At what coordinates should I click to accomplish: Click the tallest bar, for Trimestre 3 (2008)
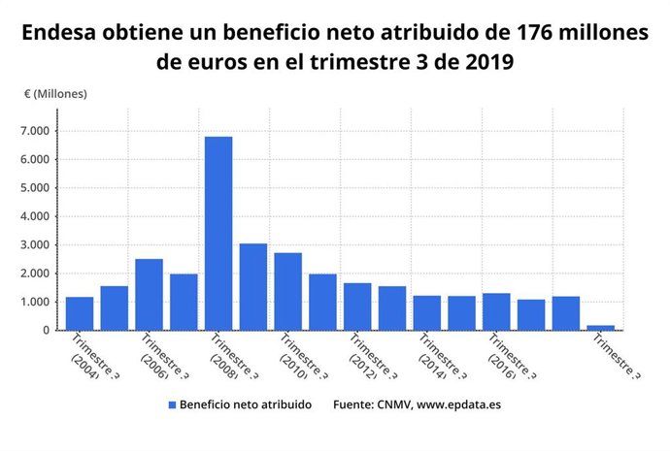(218, 233)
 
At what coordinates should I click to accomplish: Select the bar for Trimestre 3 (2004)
(80, 313)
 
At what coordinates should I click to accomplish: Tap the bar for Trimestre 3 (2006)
(149, 294)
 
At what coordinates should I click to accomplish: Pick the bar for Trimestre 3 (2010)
(287, 291)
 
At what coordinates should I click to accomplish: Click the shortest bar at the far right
(600, 327)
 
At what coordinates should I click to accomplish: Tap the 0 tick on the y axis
(45, 330)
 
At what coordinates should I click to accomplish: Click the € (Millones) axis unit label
(55, 94)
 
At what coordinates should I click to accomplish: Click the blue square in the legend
(172, 404)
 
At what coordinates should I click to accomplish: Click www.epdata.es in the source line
(461, 404)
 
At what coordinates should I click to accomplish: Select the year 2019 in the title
(484, 62)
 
